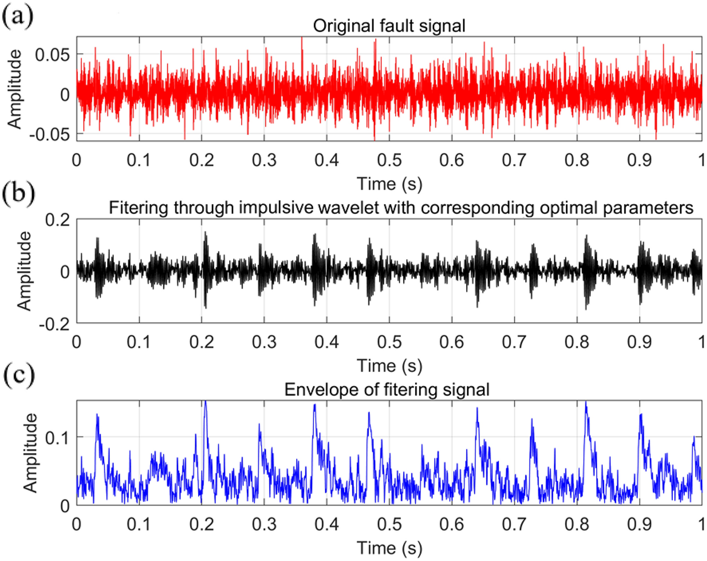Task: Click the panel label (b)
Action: (x=18, y=194)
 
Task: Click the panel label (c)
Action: (x=18, y=376)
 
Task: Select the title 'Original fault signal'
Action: (x=389, y=26)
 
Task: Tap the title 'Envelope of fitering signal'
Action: (x=386, y=390)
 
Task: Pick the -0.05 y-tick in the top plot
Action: (x=50, y=134)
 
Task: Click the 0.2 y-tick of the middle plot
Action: (x=58, y=219)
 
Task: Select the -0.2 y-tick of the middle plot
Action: (x=55, y=324)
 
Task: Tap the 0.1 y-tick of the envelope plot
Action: (x=58, y=438)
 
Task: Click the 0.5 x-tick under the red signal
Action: (x=389, y=160)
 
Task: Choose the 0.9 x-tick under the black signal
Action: (x=639, y=342)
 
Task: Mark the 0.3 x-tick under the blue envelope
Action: (x=264, y=524)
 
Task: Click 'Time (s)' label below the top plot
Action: (x=389, y=184)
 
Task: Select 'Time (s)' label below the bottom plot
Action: (x=389, y=548)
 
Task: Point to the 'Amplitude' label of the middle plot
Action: (x=25, y=271)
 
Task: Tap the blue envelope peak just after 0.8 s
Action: (x=586, y=403)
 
